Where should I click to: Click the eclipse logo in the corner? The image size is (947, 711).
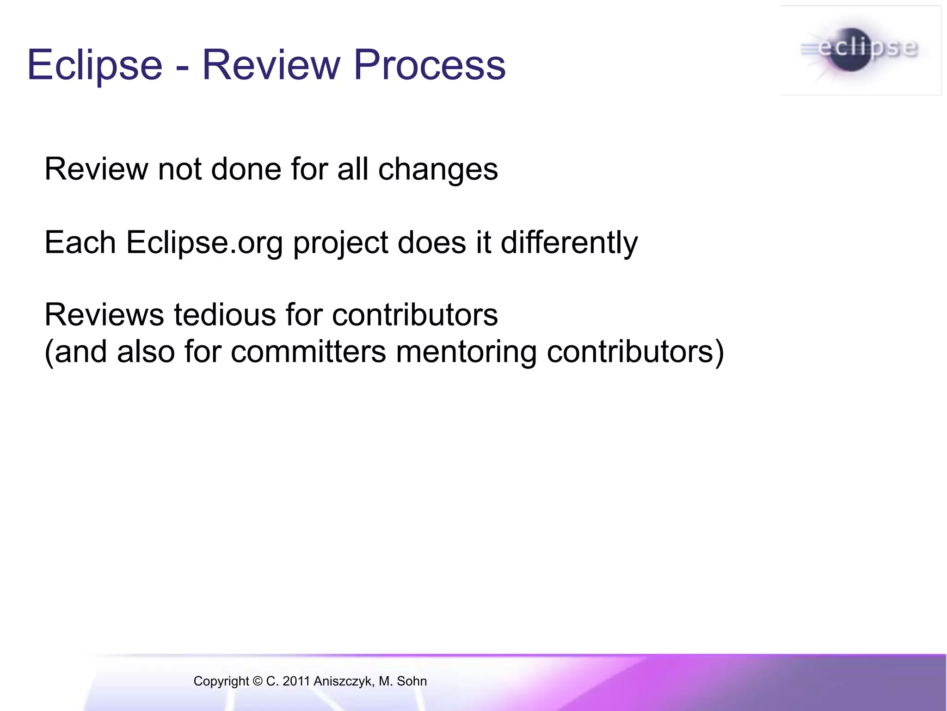[860, 50]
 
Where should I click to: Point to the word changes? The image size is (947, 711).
[438, 169]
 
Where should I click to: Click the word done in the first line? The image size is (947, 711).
[246, 169]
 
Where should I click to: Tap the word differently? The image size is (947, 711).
[569, 243]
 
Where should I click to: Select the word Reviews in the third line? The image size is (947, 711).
[104, 315]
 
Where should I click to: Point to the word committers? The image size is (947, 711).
[308, 352]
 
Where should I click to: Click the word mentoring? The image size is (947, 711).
[467, 352]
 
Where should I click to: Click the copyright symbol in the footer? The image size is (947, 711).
[258, 681]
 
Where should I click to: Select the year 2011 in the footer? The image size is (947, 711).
[296, 681]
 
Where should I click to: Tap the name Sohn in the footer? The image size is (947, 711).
[412, 681]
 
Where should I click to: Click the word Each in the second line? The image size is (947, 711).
[80, 243]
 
